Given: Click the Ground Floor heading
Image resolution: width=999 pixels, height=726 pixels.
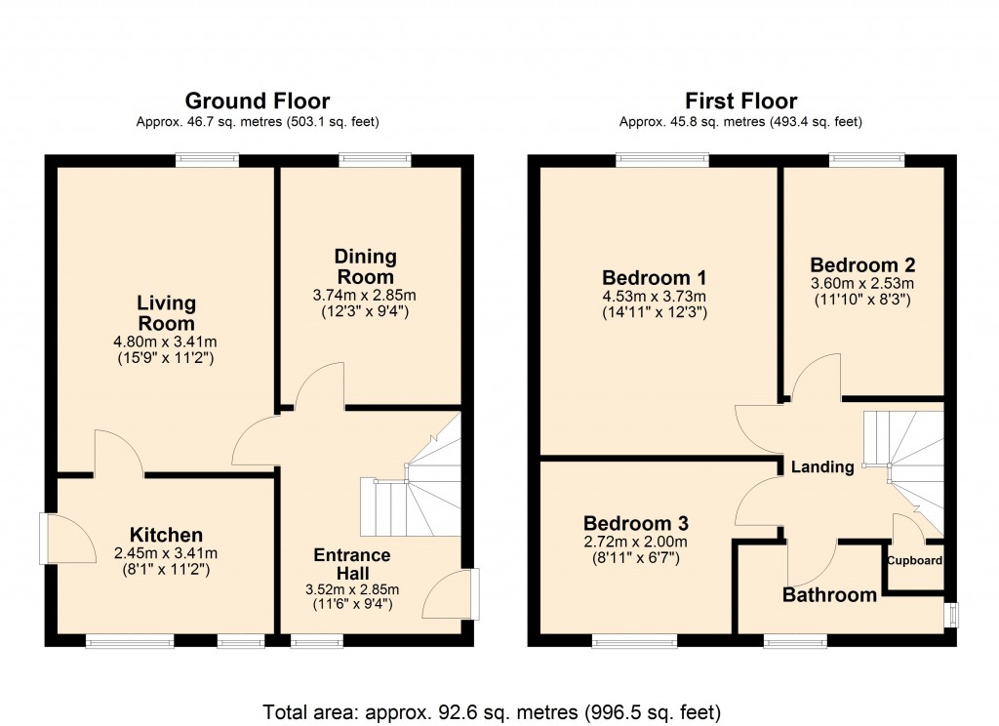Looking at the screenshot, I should click(258, 101).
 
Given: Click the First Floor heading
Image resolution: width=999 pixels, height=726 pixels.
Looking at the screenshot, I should click(740, 101).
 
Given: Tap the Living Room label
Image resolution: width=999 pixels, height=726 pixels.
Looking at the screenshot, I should click(166, 313).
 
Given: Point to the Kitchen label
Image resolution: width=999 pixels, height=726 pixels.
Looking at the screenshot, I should click(166, 535).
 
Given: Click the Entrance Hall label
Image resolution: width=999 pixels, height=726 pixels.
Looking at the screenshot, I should click(351, 563).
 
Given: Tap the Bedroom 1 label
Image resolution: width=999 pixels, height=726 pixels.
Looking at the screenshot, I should click(654, 276).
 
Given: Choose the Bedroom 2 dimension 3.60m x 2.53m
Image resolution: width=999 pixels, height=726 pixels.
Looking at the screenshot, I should click(862, 284).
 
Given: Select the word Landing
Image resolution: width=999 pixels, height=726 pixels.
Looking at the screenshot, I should click(821, 467).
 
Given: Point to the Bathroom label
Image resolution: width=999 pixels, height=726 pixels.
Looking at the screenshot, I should click(829, 594).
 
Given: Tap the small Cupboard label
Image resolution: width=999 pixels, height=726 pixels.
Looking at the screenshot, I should click(914, 561).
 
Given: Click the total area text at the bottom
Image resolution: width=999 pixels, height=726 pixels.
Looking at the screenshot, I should click(492, 711).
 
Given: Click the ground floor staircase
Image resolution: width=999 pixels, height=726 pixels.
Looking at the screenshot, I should click(410, 488).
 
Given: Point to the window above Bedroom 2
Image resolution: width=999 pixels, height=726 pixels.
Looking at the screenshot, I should click(866, 158).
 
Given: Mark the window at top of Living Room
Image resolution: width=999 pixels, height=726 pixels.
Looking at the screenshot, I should click(207, 158).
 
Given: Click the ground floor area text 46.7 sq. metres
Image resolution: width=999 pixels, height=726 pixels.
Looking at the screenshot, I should click(258, 123).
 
